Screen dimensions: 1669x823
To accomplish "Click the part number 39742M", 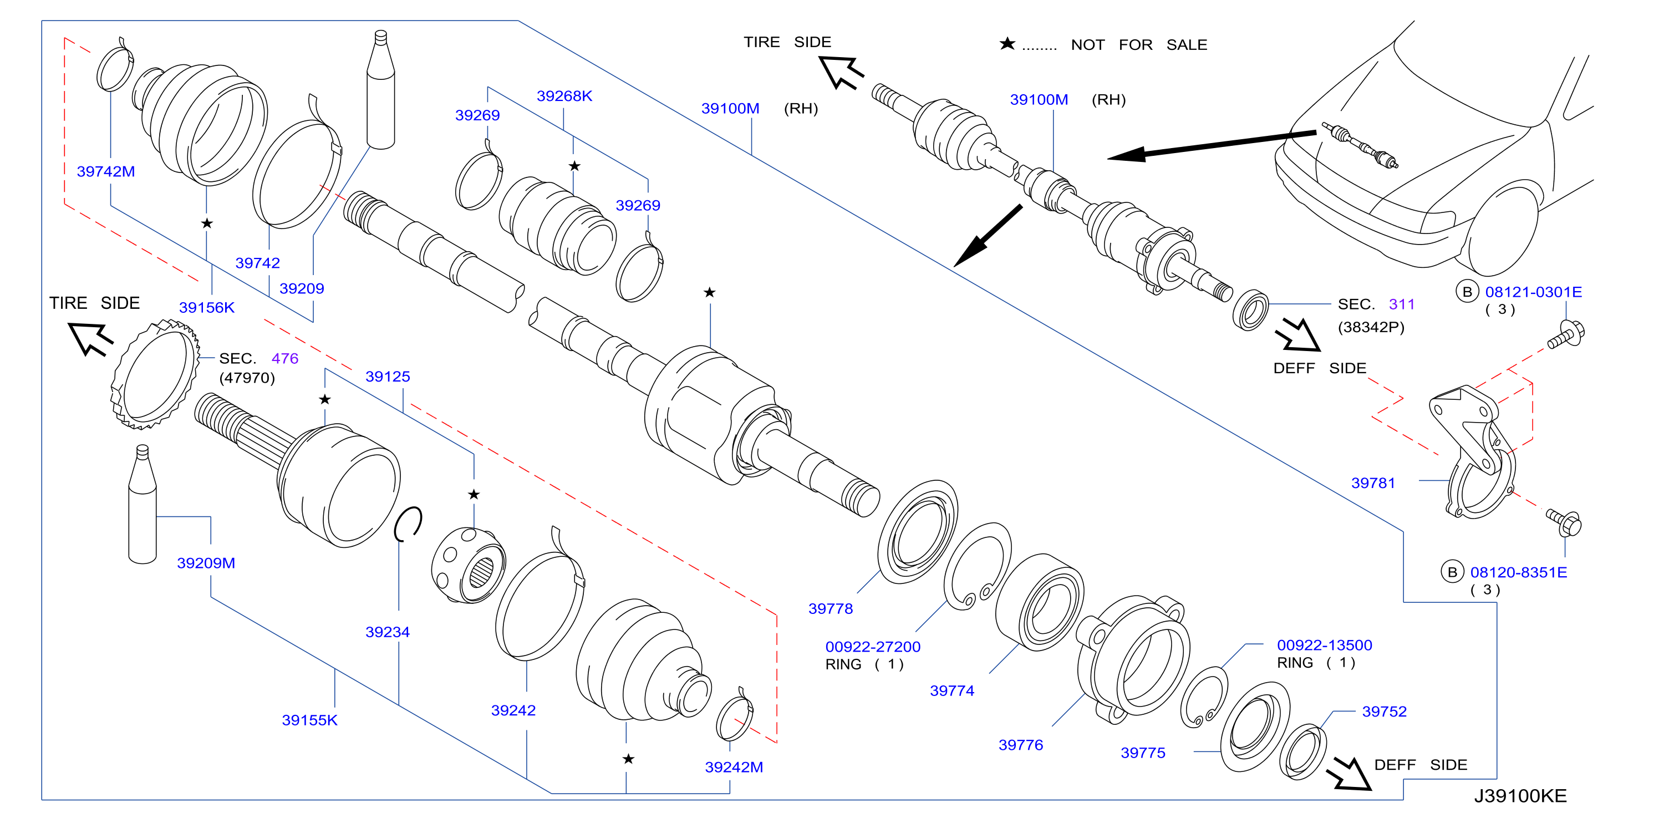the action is point(105,172).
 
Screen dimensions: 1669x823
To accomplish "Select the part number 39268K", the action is point(564,96).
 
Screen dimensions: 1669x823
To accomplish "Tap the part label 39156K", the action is point(207,307).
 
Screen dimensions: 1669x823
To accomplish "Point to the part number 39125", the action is point(388,377).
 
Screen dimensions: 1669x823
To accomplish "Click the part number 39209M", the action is point(206,563).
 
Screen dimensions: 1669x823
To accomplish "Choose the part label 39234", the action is point(388,632).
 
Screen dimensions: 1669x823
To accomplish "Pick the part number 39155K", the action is point(310,720).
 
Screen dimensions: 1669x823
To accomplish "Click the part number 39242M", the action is point(734,768).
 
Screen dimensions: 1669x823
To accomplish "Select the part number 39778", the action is point(831,608).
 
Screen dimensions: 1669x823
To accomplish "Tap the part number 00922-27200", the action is point(873,647).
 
